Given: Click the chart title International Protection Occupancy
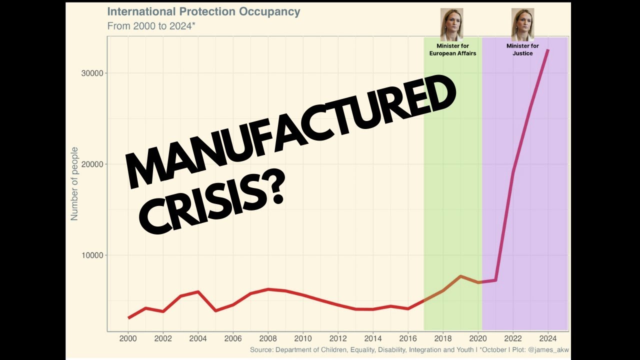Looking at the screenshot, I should click(x=203, y=12).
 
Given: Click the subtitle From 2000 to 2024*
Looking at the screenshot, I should click(x=151, y=26).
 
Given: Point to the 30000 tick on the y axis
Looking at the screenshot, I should click(x=92, y=73).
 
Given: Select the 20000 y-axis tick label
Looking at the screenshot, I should click(x=92, y=164).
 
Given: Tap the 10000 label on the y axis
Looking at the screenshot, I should click(x=92, y=255).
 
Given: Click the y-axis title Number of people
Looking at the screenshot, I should click(x=74, y=183).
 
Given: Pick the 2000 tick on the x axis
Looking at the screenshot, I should click(x=128, y=337).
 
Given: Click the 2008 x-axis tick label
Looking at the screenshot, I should click(x=268, y=337).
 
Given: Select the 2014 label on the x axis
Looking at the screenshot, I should click(x=373, y=337).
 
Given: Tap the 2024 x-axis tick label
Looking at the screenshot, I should click(x=548, y=337).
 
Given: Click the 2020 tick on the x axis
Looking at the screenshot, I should click(x=478, y=337).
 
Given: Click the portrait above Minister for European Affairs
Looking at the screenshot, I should click(x=451, y=24).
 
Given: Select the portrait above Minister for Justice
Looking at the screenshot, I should click(x=522, y=24).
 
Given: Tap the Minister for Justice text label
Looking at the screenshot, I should click(x=522, y=49).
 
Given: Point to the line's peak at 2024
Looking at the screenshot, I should click(x=548, y=50).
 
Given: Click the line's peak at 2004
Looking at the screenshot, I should click(x=198, y=291).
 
